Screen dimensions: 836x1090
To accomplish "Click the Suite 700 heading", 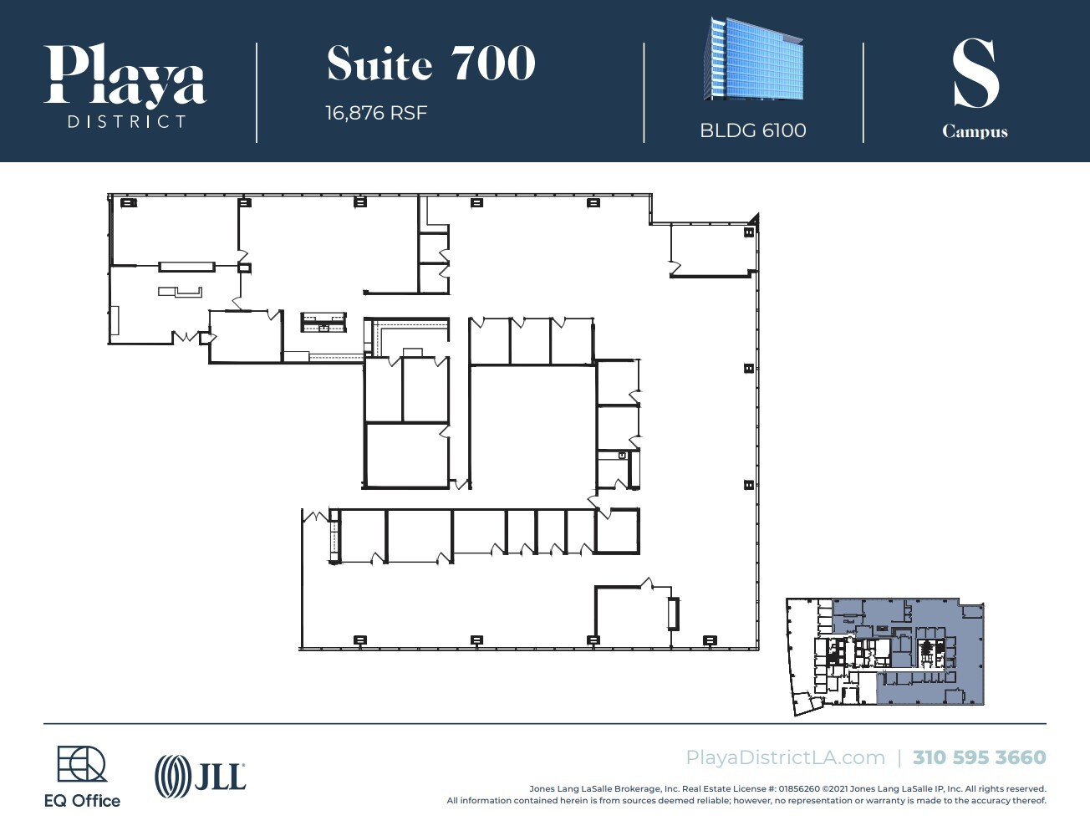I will click(x=430, y=64).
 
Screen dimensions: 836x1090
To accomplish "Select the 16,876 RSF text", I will click(x=376, y=113).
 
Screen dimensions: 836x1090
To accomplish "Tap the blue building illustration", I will click(x=753, y=61).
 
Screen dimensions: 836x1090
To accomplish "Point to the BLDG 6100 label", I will click(x=752, y=130).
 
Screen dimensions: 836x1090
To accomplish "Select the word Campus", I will click(x=975, y=132).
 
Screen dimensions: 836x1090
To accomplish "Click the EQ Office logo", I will click(x=82, y=777).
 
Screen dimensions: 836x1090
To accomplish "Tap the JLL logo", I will click(x=201, y=776).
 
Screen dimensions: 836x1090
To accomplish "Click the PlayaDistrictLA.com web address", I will click(x=785, y=757).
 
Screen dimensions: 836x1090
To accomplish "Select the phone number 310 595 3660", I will click(x=979, y=757).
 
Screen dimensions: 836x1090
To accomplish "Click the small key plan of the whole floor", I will click(x=886, y=656).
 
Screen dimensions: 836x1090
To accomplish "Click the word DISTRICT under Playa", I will click(x=126, y=122).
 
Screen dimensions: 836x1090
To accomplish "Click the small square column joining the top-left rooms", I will click(x=244, y=268).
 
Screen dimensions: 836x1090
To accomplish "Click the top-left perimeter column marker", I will click(x=127, y=202).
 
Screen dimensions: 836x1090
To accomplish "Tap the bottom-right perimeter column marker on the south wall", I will click(x=710, y=640).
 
